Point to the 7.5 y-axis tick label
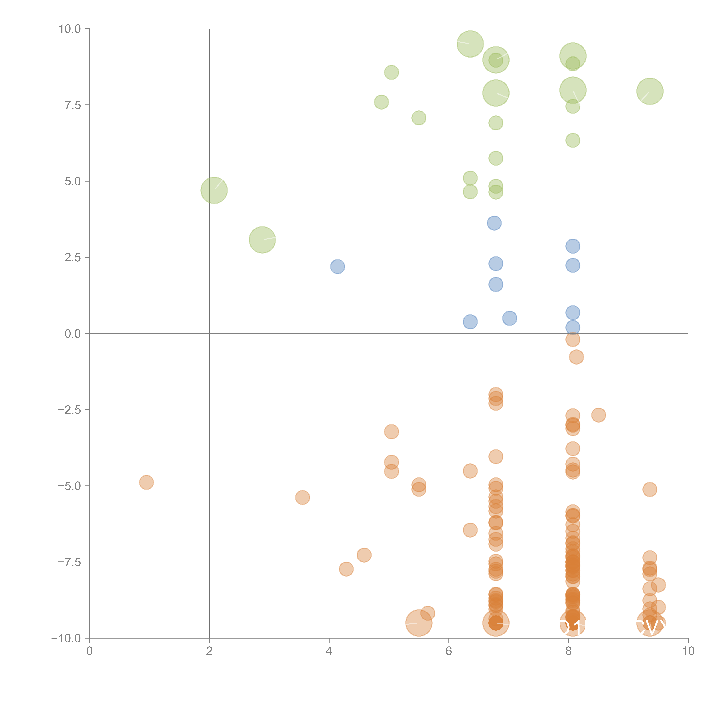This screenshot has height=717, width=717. click(x=73, y=105)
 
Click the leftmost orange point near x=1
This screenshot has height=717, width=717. click(x=147, y=482)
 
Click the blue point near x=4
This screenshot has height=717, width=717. click(x=337, y=266)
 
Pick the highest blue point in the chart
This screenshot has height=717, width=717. click(x=494, y=223)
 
